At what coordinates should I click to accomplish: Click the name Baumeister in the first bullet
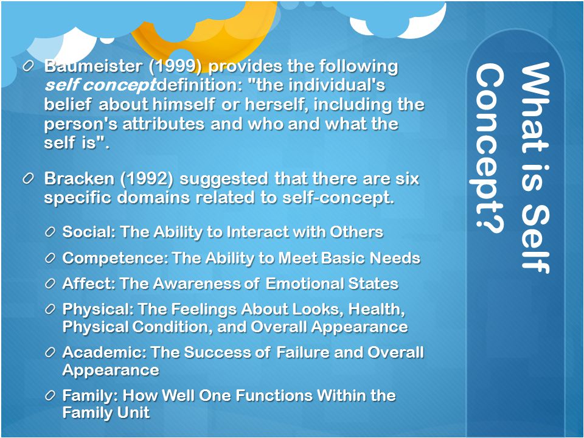point(93,66)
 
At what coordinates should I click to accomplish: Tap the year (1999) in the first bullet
point(175,66)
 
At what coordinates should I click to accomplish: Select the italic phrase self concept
point(100,86)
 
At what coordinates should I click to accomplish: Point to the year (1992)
point(147,179)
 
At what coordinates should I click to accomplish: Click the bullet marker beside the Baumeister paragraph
point(28,67)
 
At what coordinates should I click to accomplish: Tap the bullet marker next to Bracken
point(28,179)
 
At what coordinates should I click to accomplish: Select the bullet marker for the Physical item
point(50,309)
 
